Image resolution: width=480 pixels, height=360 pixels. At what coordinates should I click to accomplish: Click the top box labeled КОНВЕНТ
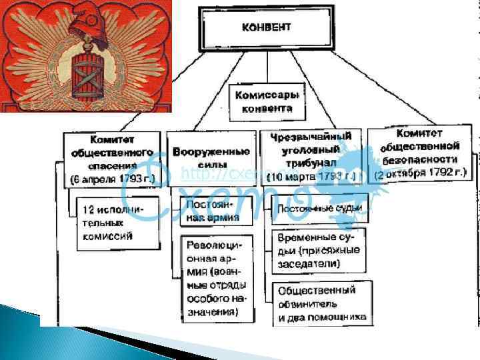pos(266,29)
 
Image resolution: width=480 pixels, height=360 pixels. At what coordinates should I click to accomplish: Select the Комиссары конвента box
pos(266,101)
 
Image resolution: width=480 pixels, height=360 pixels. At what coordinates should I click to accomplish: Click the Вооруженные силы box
pos(211,158)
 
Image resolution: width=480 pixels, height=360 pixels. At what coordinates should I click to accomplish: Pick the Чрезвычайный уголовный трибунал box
pos(311,156)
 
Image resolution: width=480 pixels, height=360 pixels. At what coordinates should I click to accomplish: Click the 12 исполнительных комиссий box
pos(117,223)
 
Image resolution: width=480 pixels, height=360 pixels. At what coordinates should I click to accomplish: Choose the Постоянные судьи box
pos(320,209)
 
